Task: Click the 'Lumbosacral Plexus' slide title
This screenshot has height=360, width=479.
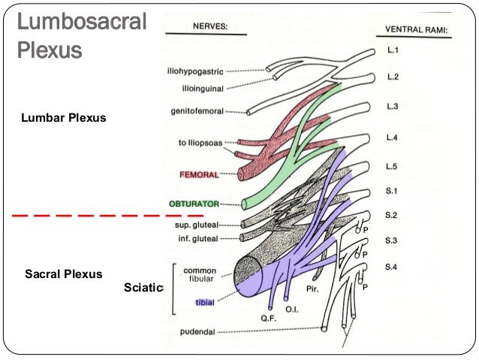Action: coord(82,37)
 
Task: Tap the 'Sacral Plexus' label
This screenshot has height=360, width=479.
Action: coord(63,274)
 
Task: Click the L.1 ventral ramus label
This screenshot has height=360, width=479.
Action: coord(392,51)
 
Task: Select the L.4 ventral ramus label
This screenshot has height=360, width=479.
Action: coord(392,138)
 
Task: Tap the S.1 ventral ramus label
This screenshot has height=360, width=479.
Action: coord(391,191)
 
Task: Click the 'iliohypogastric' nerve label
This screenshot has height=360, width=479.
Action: coord(195,72)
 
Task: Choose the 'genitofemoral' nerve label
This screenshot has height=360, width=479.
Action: coord(199,112)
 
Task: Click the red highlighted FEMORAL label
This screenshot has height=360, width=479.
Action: coord(199,174)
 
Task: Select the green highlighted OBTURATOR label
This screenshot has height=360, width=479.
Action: coord(194,204)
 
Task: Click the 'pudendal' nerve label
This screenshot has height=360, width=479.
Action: coord(199,331)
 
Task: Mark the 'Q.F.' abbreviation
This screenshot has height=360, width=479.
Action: coord(268,317)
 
